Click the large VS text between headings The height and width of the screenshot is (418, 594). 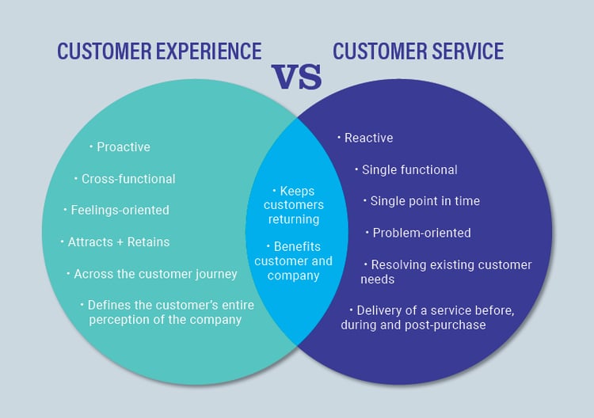tap(297, 77)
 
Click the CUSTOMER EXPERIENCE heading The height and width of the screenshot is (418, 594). tap(158, 51)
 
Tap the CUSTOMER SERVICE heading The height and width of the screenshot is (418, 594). tap(418, 51)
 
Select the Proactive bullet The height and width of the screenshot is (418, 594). tap(123, 146)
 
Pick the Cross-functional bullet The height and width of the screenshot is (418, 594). tap(128, 179)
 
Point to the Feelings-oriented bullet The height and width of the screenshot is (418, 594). tap(119, 210)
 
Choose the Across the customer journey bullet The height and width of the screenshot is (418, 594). tap(154, 274)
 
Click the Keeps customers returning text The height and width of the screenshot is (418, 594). tap(293, 205)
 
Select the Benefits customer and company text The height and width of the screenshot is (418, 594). tap(293, 261)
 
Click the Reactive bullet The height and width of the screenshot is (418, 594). tap(368, 138)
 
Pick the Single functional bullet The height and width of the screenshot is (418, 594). tap(409, 169)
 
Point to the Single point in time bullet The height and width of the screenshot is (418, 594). tap(425, 201)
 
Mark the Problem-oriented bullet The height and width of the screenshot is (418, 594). tap(421, 233)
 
